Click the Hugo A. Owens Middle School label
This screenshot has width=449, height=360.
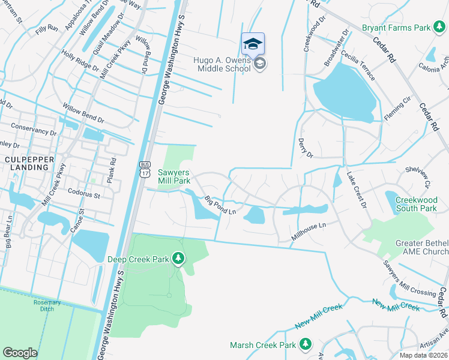(221, 64)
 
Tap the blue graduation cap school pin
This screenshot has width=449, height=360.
(253, 44)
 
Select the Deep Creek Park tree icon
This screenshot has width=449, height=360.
(178, 259)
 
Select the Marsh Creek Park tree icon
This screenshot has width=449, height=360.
(306, 344)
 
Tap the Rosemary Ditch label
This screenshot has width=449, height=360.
(47, 306)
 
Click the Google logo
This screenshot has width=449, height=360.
(20, 353)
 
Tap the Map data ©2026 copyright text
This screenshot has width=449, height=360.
(424, 355)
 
